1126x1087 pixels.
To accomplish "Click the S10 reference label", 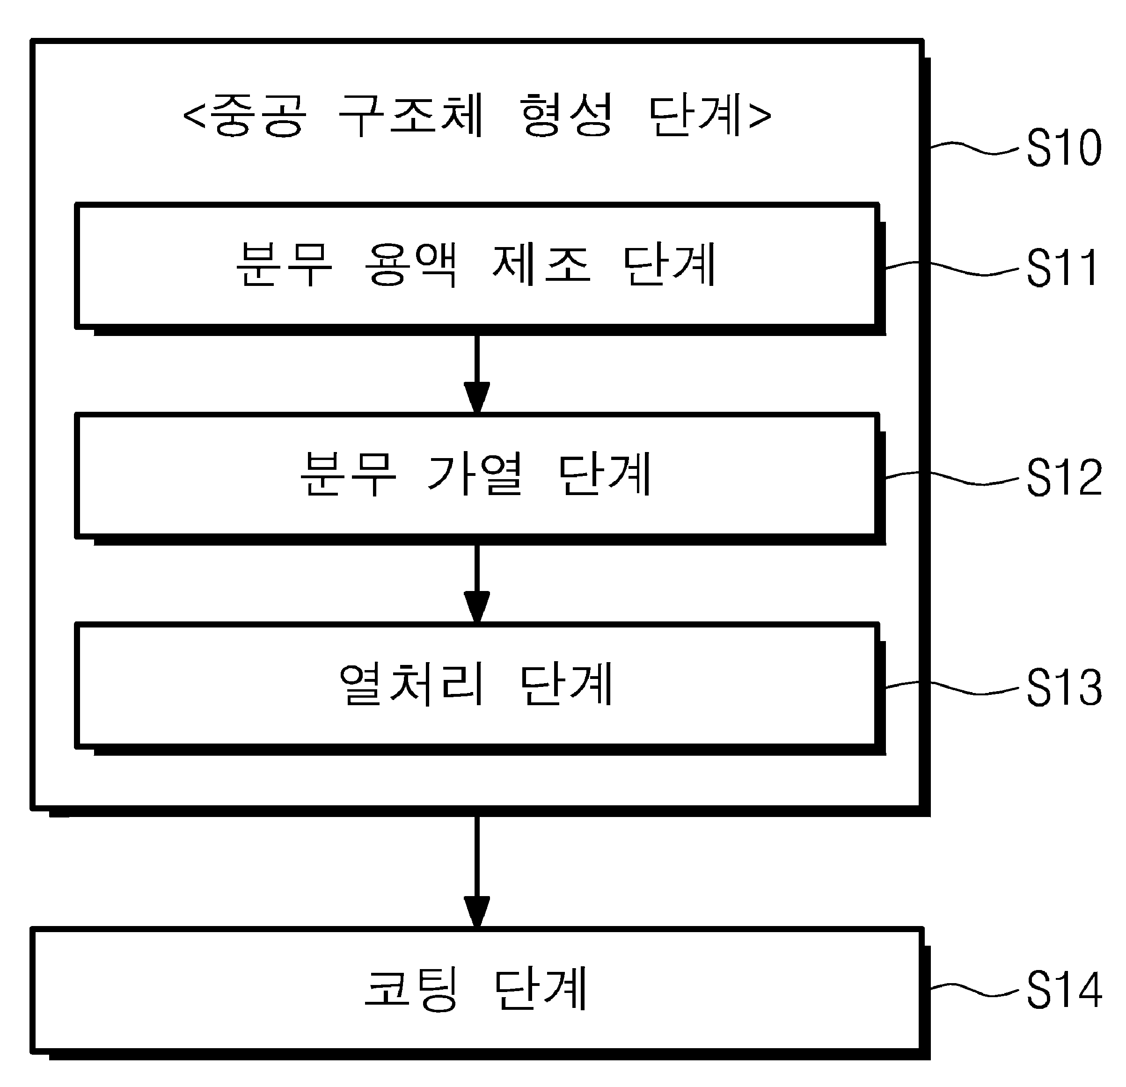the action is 1064,148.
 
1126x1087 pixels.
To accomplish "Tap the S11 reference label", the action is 1063,267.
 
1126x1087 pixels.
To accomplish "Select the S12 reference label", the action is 1064,477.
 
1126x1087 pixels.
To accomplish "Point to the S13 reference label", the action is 1064,687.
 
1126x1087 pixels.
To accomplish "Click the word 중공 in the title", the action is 258,115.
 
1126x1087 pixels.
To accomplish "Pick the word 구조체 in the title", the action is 411,115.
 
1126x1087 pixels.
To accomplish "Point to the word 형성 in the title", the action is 565,115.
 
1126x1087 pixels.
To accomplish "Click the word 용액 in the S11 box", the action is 411,264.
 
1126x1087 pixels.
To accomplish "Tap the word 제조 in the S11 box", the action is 542,264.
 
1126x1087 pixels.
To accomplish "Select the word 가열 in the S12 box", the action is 475,474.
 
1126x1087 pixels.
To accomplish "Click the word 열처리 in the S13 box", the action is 411,684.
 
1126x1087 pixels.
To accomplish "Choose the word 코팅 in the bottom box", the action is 411,988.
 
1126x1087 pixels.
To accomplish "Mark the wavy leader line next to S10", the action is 974,148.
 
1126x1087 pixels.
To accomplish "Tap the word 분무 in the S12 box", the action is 348,474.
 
